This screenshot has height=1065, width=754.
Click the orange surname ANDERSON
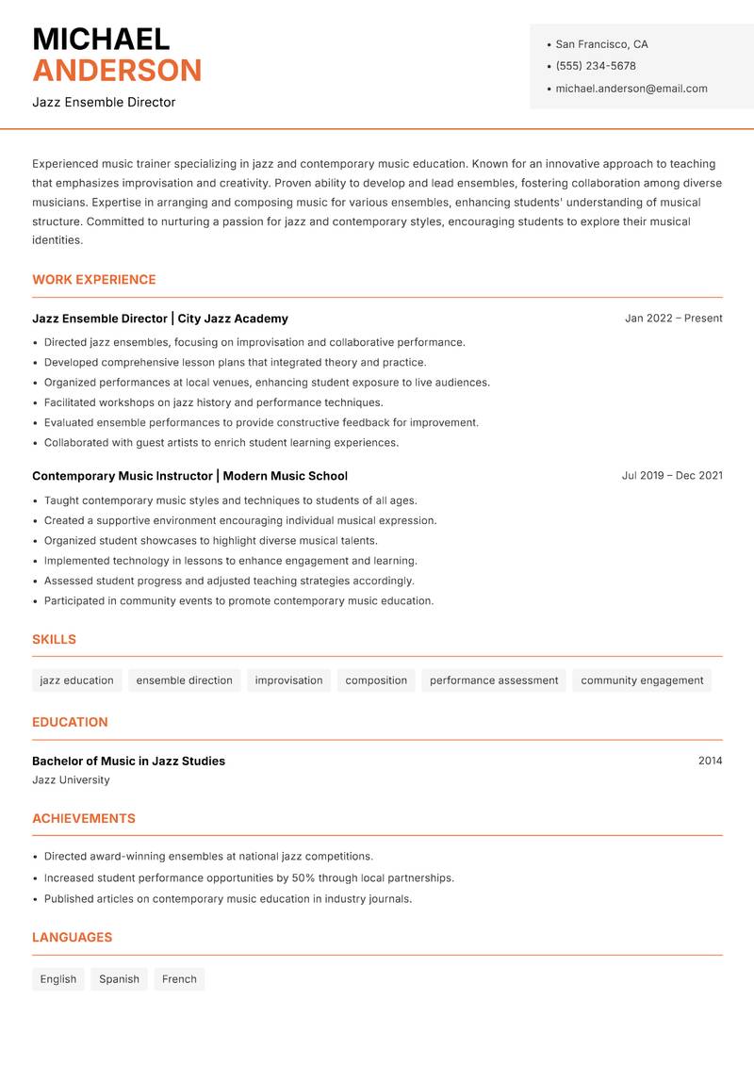click(117, 71)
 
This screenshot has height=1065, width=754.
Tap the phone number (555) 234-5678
click(596, 66)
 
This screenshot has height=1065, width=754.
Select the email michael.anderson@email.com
click(631, 89)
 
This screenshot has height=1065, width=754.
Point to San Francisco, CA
click(601, 44)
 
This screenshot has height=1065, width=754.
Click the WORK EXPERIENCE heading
click(94, 280)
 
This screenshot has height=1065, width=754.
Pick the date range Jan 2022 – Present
click(673, 319)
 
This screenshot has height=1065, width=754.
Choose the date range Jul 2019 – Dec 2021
click(672, 476)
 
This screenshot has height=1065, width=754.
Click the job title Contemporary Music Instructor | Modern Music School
click(189, 476)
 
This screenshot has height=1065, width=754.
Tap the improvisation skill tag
click(288, 680)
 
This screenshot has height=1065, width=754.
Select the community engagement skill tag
click(642, 680)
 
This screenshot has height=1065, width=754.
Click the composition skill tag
click(376, 680)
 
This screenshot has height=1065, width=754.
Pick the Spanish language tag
click(119, 979)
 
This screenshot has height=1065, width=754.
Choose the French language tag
click(179, 979)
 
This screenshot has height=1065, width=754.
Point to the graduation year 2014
click(710, 761)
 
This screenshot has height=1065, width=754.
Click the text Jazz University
click(71, 780)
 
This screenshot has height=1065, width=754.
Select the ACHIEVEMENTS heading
click(84, 819)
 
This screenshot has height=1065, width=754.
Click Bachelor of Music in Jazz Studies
click(128, 761)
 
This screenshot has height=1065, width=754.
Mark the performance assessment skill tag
click(494, 680)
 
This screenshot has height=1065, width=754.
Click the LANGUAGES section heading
click(72, 938)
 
